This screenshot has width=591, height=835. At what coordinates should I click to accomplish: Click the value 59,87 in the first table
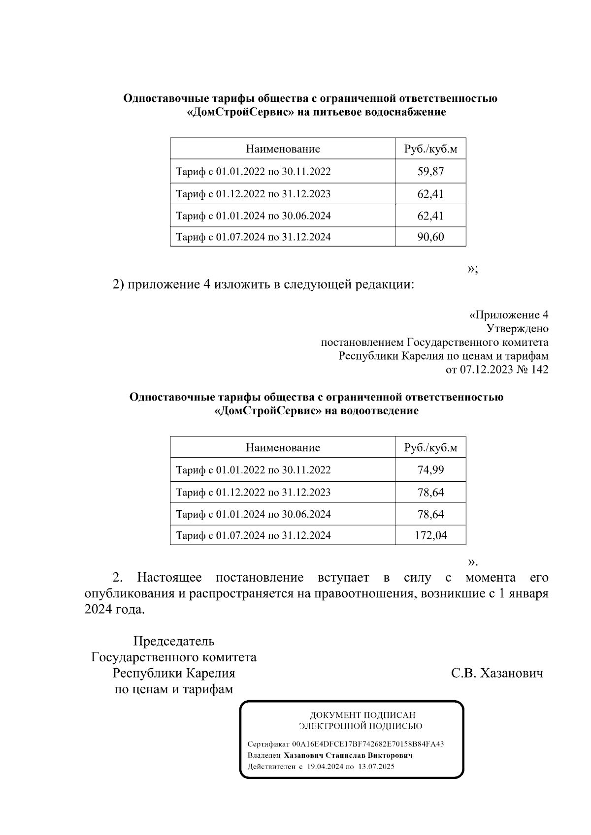[x=430, y=172]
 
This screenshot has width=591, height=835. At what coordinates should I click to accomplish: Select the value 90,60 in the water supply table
[x=430, y=237]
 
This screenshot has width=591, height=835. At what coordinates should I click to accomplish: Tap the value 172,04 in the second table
[x=430, y=535]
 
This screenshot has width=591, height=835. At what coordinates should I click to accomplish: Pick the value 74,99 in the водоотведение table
[x=430, y=470]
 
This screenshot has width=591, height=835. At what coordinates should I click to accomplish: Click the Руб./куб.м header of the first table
[x=430, y=149]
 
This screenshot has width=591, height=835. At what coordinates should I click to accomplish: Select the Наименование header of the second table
[x=283, y=448]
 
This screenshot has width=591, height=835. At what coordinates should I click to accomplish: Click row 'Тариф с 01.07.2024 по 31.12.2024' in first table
[x=253, y=237]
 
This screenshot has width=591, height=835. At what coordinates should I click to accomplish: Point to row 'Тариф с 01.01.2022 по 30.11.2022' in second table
[x=253, y=470]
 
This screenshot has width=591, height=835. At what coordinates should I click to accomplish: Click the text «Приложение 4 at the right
[x=508, y=315]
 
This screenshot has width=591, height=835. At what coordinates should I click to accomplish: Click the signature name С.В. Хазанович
[x=497, y=673]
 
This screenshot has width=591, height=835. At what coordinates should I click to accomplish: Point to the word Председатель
[x=174, y=642]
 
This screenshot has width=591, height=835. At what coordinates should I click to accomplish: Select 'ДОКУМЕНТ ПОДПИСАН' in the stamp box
[x=362, y=715]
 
